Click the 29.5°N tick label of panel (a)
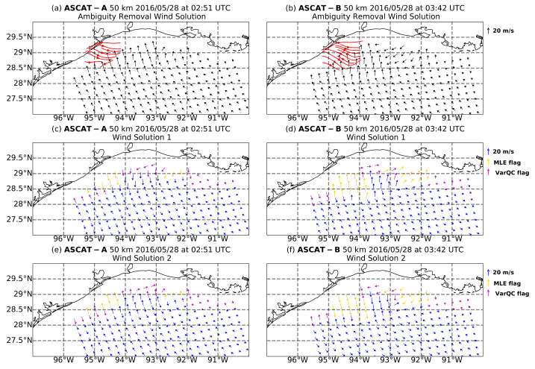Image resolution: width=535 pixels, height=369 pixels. (16, 37)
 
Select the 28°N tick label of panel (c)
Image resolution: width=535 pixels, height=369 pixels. (17, 204)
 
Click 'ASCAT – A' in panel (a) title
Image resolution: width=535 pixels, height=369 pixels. (81, 7)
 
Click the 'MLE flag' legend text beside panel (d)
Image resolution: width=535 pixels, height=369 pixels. (510, 163)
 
